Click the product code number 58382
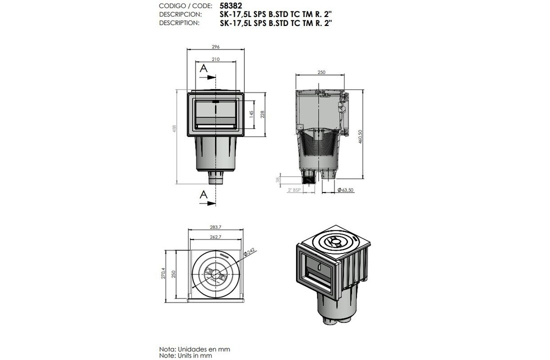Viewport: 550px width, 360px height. click(230, 6)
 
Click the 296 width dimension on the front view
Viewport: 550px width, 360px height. click(215, 46)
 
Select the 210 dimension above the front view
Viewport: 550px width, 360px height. click(215, 59)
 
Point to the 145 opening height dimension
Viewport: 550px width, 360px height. click(251, 114)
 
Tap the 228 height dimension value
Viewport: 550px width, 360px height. click(262, 114)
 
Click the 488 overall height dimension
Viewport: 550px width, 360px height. click(174, 129)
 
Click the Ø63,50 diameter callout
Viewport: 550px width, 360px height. click(345, 190)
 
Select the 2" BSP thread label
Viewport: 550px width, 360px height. click(294, 190)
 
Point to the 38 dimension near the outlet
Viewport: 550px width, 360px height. click(278, 179)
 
